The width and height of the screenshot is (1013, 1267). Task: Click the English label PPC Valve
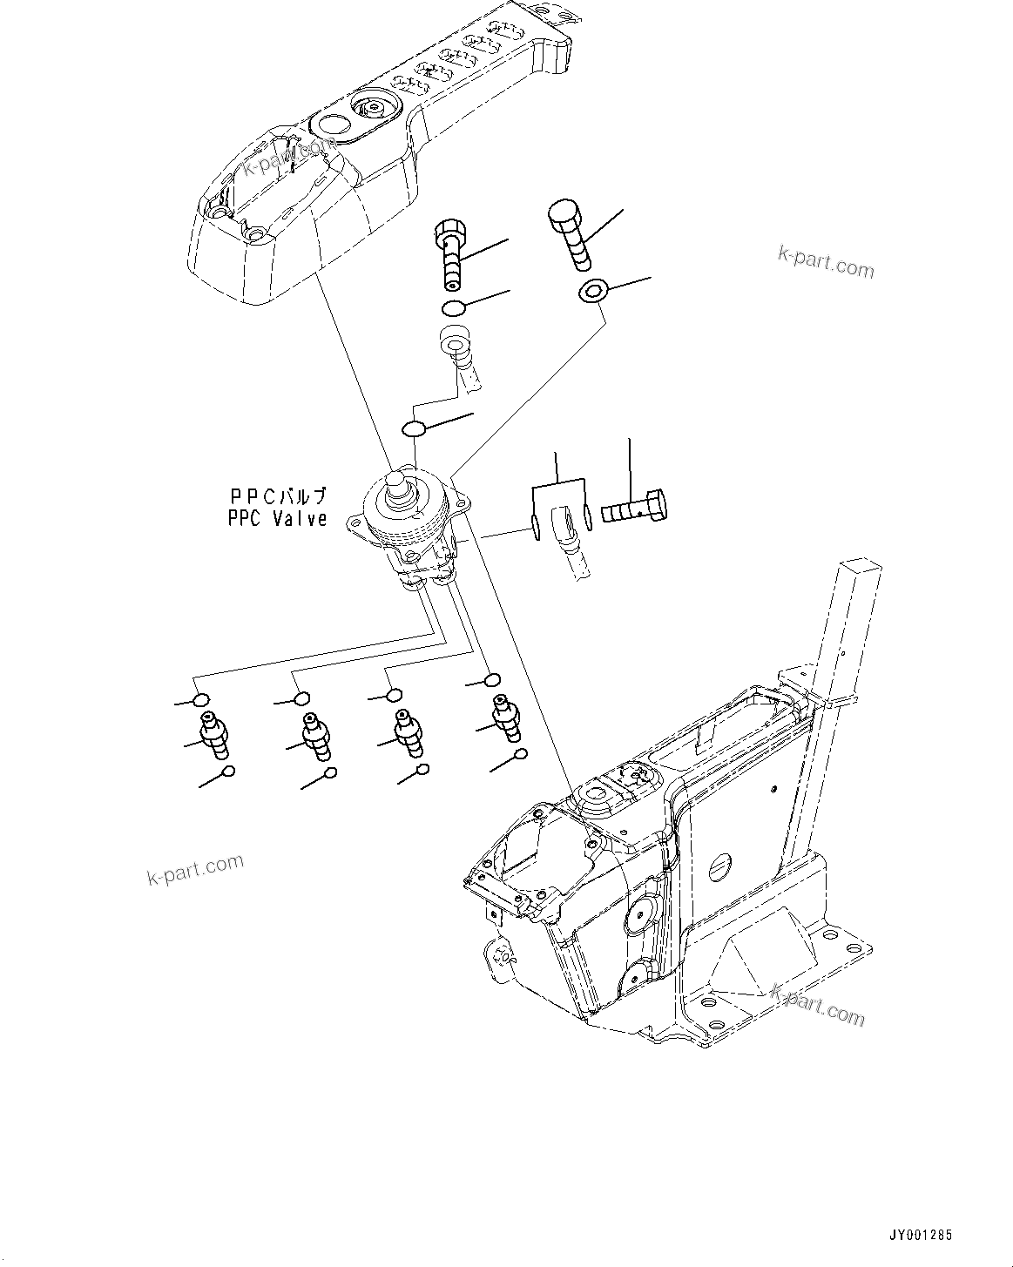click(277, 518)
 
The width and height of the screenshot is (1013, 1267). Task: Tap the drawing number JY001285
click(921, 1235)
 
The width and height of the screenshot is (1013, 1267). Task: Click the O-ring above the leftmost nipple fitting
click(201, 700)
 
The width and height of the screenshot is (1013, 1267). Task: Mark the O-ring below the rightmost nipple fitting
click(520, 754)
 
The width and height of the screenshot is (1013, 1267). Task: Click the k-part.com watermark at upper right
click(825, 262)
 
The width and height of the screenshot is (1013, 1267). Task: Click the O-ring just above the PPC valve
click(415, 428)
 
